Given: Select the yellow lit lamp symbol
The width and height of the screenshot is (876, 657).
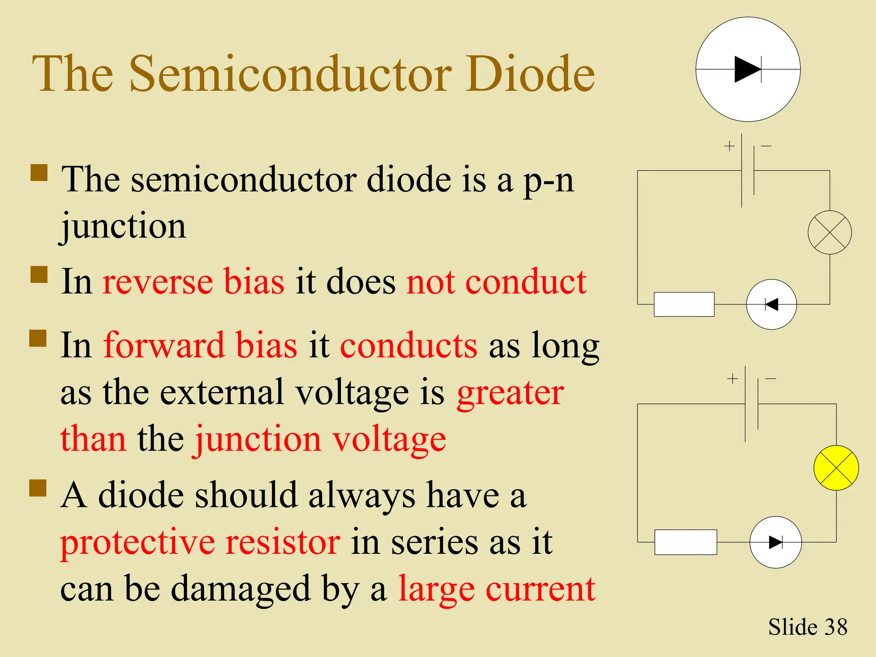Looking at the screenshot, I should pyautogui.click(x=836, y=468).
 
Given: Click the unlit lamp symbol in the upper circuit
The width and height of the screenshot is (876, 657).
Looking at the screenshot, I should pyautogui.click(x=829, y=232).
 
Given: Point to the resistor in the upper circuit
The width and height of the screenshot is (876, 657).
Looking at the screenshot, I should pyautogui.click(x=684, y=304).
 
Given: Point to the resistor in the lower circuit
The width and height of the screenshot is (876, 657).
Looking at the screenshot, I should pyautogui.click(x=686, y=542).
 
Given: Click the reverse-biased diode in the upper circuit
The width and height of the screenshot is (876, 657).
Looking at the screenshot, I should pyautogui.click(x=771, y=305).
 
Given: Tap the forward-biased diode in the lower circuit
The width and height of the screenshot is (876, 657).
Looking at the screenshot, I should pyautogui.click(x=775, y=542).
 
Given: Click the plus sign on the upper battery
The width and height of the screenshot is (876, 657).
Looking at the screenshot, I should pyautogui.click(x=729, y=146).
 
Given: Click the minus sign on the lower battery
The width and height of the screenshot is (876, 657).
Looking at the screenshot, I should pyautogui.click(x=770, y=379).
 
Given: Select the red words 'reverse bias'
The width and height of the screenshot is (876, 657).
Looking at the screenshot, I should pyautogui.click(x=193, y=282).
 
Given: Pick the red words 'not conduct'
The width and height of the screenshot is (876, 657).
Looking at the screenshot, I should pyautogui.click(x=496, y=282).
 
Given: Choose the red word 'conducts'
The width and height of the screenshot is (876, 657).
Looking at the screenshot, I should pyautogui.click(x=408, y=346).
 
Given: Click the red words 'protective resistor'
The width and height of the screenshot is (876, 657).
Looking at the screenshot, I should pyautogui.click(x=200, y=542).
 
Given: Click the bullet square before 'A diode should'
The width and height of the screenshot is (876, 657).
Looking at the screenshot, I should pyautogui.click(x=38, y=488).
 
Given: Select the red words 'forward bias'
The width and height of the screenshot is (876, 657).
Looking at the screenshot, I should pyautogui.click(x=200, y=346).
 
